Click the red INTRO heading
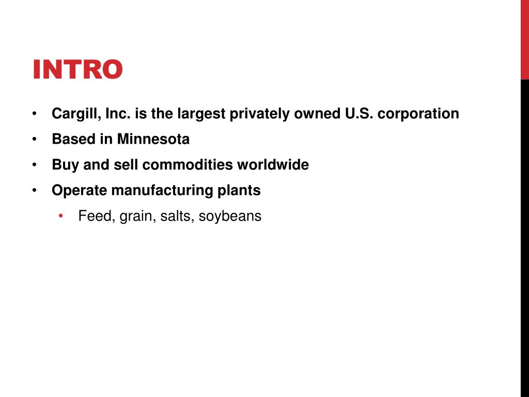coord(77,70)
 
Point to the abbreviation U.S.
coord(359,114)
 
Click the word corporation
coord(418,114)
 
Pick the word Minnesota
coord(153,139)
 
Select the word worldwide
coord(273,165)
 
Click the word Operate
coord(80,190)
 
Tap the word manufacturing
coord(162,190)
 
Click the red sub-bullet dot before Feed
coord(61,216)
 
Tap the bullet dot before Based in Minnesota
coord(34,139)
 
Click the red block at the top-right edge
coord(524,39)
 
